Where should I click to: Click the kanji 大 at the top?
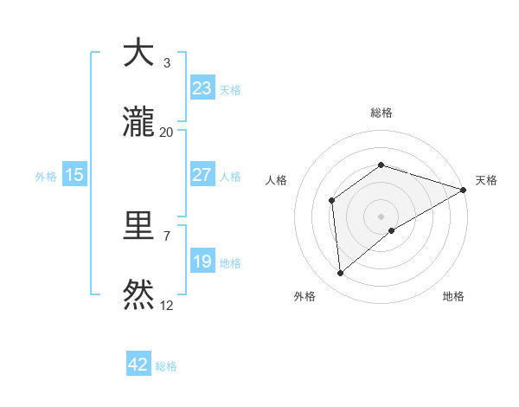click(138, 53)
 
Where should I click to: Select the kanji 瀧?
click(138, 123)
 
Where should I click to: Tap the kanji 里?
click(138, 227)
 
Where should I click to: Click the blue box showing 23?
click(202, 88)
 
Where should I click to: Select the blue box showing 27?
click(202, 175)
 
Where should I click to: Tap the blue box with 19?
click(202, 262)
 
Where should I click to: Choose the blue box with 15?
click(74, 175)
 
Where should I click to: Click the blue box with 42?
click(138, 365)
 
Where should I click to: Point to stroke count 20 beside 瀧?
click(167, 132)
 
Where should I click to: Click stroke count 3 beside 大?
click(167, 63)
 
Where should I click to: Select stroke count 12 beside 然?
click(167, 306)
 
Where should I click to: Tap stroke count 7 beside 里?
click(167, 236)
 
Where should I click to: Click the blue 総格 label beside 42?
click(166, 366)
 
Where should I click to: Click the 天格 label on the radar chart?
click(486, 180)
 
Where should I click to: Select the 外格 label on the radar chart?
click(304, 297)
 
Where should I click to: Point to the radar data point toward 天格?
click(464, 190)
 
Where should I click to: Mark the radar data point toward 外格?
click(341, 274)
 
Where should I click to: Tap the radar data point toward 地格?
click(392, 230)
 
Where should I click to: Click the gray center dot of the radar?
click(381, 216)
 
